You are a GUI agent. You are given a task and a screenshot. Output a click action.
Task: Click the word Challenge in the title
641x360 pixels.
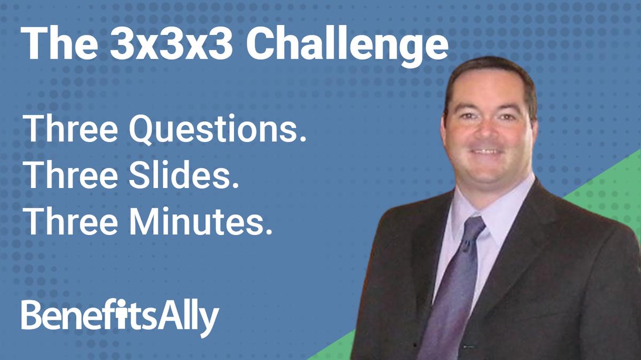[347, 44]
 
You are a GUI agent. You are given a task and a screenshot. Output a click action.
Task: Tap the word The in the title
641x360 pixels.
[58, 44]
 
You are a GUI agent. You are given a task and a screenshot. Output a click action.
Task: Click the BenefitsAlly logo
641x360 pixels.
[120, 316]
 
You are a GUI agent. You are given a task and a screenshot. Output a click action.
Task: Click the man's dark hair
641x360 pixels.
[489, 75]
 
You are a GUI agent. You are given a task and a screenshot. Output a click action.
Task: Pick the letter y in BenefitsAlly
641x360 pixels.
[210, 320]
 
